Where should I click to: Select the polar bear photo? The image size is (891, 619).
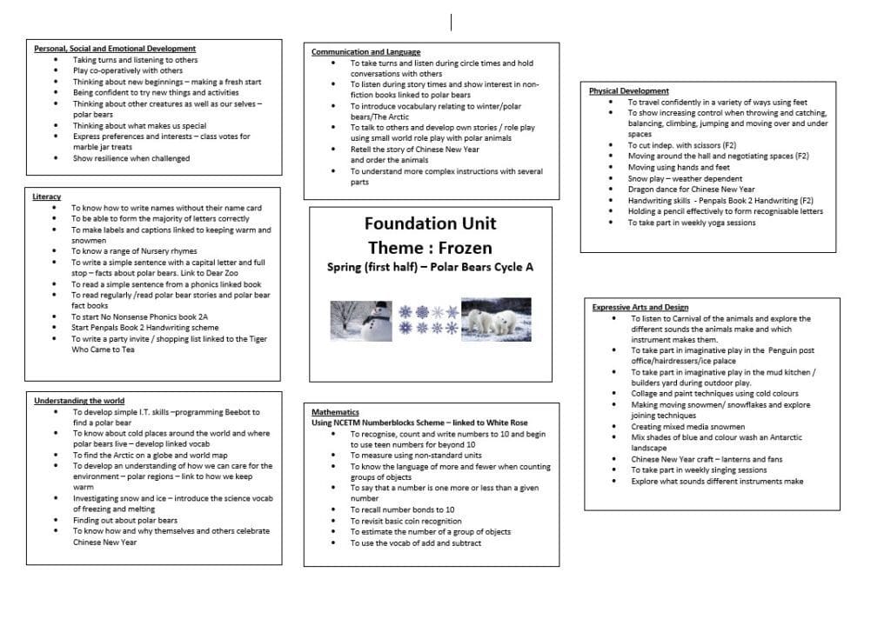pos(495,319)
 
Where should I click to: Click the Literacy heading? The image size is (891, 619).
pos(46,196)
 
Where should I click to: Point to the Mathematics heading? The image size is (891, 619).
pos(335,411)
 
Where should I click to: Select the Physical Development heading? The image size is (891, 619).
pos(628,90)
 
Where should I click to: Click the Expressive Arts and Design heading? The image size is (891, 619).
pos(640,307)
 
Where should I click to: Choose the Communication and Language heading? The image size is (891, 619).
pos(365,52)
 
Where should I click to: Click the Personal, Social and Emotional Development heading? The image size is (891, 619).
pos(114,49)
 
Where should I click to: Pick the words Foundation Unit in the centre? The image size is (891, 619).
pos(430,223)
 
